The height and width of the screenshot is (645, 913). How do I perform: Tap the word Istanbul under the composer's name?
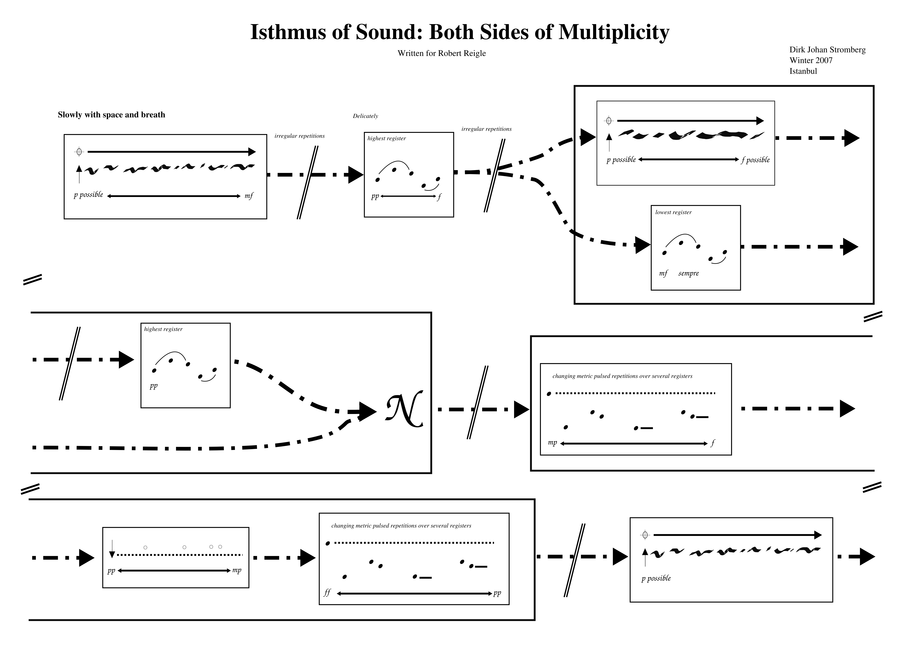[803, 71]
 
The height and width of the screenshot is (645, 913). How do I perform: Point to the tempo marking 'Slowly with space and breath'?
[111, 115]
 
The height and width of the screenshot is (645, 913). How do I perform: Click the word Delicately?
[365, 116]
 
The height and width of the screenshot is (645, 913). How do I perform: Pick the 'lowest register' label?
[673, 212]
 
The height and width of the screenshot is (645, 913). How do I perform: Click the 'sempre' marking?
[688, 273]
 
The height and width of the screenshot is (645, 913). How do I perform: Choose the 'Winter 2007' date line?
[811, 60]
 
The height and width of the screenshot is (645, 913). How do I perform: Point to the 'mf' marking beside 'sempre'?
[663, 273]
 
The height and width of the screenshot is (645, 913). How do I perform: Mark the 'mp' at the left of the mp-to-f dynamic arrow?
[552, 443]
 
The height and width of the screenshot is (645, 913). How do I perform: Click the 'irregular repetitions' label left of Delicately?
[299, 136]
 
